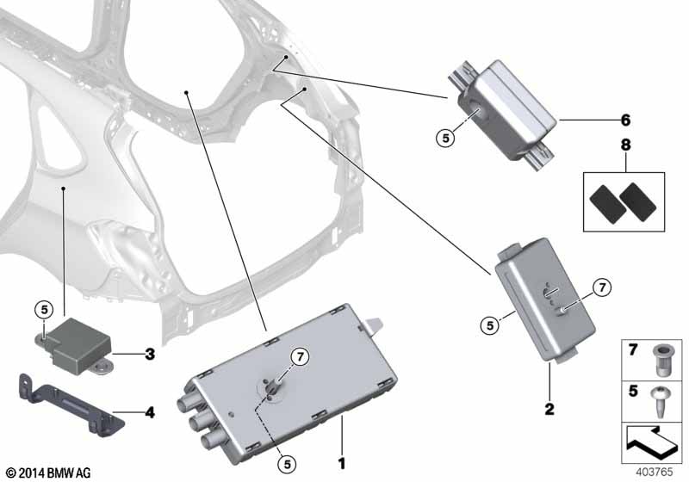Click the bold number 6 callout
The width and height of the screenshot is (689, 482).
pyautogui.click(x=625, y=120)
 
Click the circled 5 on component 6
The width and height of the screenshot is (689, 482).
pyautogui.click(x=445, y=136)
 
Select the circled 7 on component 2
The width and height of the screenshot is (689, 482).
pyautogui.click(x=602, y=286)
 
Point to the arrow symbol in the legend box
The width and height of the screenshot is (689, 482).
pyautogui.click(x=652, y=445)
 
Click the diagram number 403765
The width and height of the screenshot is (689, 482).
pyautogui.click(x=657, y=472)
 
